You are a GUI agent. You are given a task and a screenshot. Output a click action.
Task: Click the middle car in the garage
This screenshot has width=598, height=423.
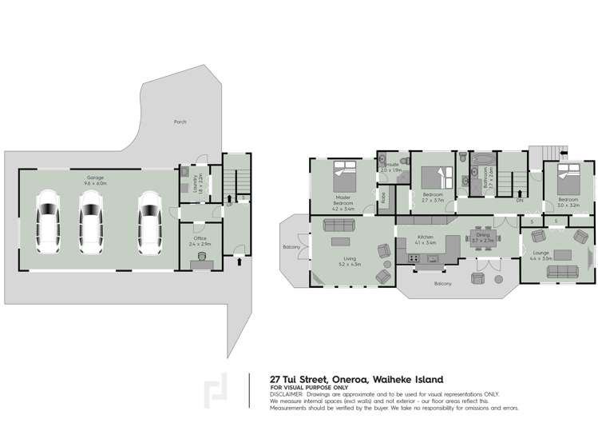point(92,220)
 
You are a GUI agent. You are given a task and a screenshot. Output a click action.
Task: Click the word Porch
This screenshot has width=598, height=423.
point(180,122)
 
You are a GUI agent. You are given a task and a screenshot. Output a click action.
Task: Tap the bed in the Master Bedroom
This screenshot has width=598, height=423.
point(343,174)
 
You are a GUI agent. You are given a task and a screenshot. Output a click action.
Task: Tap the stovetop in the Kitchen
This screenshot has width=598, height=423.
point(414,257)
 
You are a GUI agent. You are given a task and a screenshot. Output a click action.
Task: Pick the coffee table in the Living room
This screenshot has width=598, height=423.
point(342,242)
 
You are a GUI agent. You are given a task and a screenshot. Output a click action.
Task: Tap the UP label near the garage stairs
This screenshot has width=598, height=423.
point(230,204)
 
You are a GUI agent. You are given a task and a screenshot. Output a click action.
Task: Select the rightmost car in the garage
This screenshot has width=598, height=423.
point(149,220)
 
